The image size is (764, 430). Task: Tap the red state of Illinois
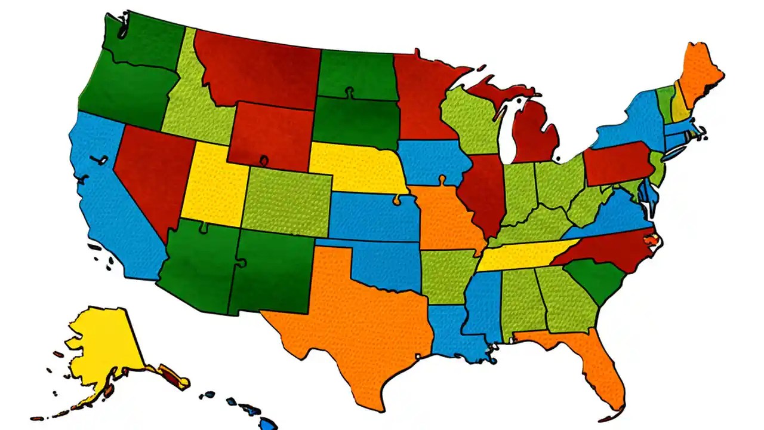[x=485, y=191]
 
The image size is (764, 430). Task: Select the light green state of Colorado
[x=286, y=200]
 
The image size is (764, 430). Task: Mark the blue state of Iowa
[x=430, y=161]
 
